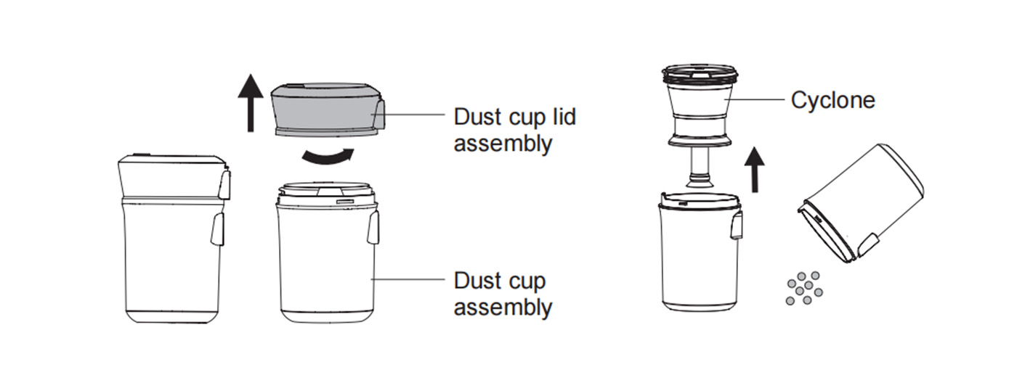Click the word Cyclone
[x=832, y=100]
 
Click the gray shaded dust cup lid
[x=328, y=109]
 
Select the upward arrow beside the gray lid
[x=250, y=103]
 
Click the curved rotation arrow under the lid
[x=328, y=157]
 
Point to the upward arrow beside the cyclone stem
[x=755, y=170]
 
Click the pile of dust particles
[x=804, y=288]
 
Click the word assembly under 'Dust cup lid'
[x=503, y=144]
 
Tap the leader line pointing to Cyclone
[x=754, y=99]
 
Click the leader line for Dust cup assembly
[x=408, y=279]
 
